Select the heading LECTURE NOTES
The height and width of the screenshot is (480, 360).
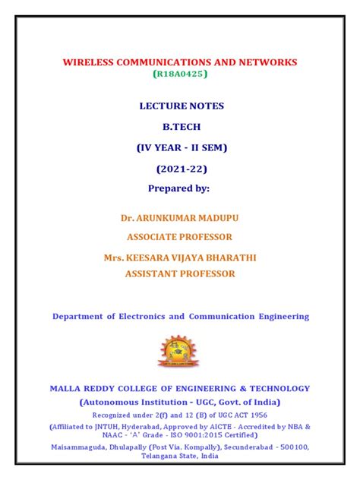(x=180, y=106)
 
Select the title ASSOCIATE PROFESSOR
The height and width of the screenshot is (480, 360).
(x=180, y=237)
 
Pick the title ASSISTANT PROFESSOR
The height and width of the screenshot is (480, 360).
(x=180, y=273)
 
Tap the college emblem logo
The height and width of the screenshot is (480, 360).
(x=180, y=352)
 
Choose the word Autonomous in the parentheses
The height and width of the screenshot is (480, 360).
(x=116, y=402)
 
